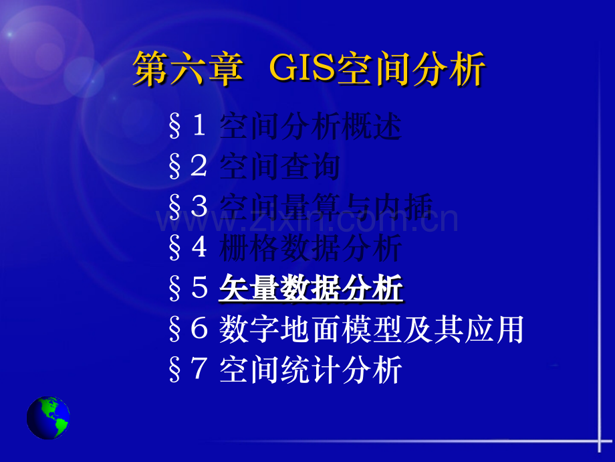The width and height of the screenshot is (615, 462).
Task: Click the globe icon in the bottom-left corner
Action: (x=48, y=418)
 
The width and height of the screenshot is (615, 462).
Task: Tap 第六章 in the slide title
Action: (x=187, y=69)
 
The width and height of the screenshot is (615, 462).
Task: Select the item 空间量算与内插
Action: (x=326, y=208)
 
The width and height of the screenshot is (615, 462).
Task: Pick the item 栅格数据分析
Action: (x=310, y=248)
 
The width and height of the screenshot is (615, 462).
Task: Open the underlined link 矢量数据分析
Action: (x=311, y=289)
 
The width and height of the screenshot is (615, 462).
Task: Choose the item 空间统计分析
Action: (x=310, y=371)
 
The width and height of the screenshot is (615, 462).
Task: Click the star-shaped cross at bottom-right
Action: (x=599, y=441)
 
